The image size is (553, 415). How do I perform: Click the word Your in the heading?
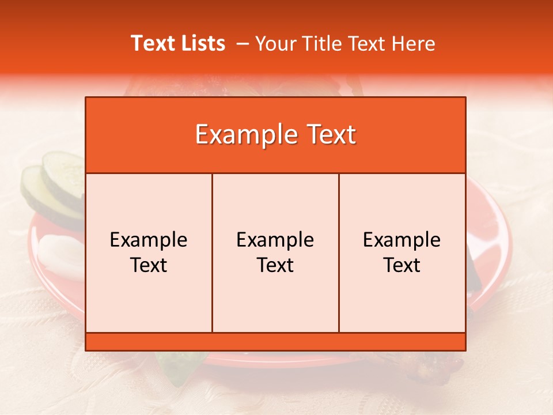275,43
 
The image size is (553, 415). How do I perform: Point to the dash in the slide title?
243,43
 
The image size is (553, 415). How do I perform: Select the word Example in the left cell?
149,240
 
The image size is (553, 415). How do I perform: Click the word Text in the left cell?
149,265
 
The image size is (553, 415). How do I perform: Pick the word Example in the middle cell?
275,240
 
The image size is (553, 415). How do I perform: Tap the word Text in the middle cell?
275,265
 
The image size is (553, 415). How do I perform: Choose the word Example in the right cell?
402,240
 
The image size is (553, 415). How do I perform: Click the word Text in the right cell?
402,265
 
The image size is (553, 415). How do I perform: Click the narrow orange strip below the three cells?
275,342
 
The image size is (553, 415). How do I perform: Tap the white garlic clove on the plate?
60,256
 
